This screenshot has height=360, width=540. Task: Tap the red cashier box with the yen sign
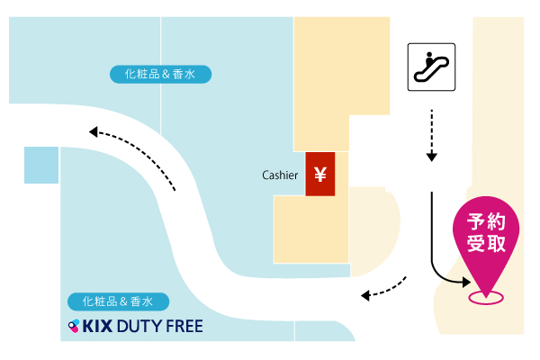tap(319, 174)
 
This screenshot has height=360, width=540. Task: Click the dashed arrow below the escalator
tap(432, 135)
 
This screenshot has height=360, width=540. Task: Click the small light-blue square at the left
tap(40, 165)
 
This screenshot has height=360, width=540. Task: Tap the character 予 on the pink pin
tap(476, 222)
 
